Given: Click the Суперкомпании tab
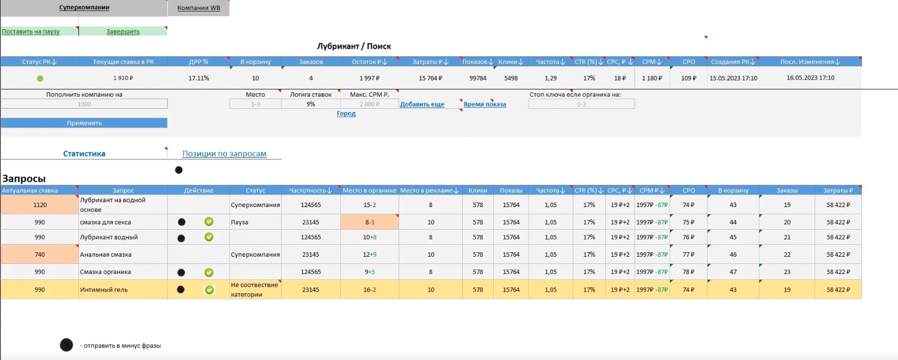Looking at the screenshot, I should pos(84,8).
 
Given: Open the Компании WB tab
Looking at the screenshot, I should pos(199,8).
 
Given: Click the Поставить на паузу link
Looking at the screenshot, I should pos(31,31).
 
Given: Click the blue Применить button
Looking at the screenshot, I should pos(84,123).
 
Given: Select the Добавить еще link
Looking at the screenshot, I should pos(422,104).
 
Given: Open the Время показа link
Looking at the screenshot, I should pos(484,104).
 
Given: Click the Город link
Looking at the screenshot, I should pos(346,114).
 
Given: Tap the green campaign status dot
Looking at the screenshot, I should pos(40,78).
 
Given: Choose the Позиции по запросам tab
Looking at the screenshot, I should pos(224,154).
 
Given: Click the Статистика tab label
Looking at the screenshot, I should pos(84,154).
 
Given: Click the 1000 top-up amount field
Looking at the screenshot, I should pos(84,104).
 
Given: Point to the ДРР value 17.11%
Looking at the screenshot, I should pos(199,78).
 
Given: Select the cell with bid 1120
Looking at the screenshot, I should pos(40,205).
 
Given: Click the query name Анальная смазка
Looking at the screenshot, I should pos(105,255).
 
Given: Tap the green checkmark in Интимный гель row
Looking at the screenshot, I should pos(209,290).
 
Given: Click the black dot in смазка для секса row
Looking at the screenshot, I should pos(181,222).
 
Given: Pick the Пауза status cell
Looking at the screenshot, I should pos(255,222).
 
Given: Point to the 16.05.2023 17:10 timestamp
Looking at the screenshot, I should pos(810,78).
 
